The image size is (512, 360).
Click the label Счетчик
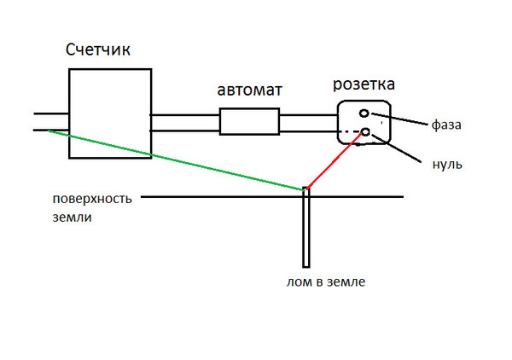pos(98,50)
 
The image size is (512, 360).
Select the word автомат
pos(249,90)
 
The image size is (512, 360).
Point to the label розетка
pos(364,84)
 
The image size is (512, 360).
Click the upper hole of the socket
pos(364,113)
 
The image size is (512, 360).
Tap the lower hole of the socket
pos(366,132)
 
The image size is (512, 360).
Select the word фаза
pos(446,125)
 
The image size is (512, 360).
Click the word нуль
pos(447,164)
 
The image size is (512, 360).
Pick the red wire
pos(334,160)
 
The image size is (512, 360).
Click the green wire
pos(177,160)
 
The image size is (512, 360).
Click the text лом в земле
pos(326,282)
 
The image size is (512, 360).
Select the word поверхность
pos(92,199)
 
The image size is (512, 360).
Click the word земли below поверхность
pos(73,218)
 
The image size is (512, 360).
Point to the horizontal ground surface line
pos(272,197)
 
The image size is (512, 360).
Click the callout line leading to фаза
pos(399,119)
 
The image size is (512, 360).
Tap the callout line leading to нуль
pos(396,148)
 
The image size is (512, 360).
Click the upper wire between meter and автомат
pos(185,115)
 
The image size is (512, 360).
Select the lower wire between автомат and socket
pos(308,131)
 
